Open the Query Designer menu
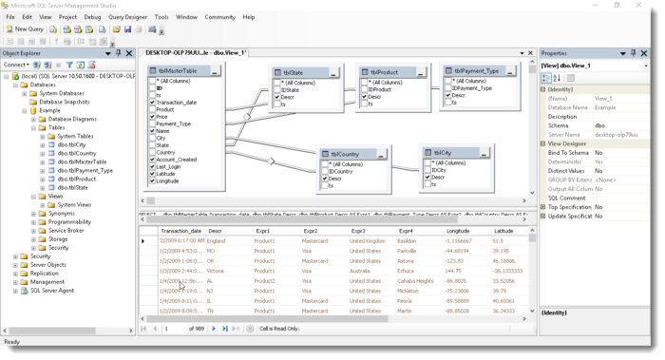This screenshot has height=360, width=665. point(126,16)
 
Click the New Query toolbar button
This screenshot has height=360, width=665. point(25,29)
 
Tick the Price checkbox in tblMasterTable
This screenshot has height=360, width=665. point(152,116)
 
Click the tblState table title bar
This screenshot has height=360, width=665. point(293,72)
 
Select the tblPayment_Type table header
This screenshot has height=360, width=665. point(475,70)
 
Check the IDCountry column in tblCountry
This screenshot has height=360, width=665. point(326,170)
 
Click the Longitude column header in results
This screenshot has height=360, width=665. point(459,231)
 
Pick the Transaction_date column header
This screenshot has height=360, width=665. point(180,231)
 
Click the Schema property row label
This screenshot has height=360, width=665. point(558,124)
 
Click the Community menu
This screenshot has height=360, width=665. point(219,16)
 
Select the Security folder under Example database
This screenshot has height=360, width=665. point(59,247)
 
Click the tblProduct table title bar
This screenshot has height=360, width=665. point(383,71)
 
